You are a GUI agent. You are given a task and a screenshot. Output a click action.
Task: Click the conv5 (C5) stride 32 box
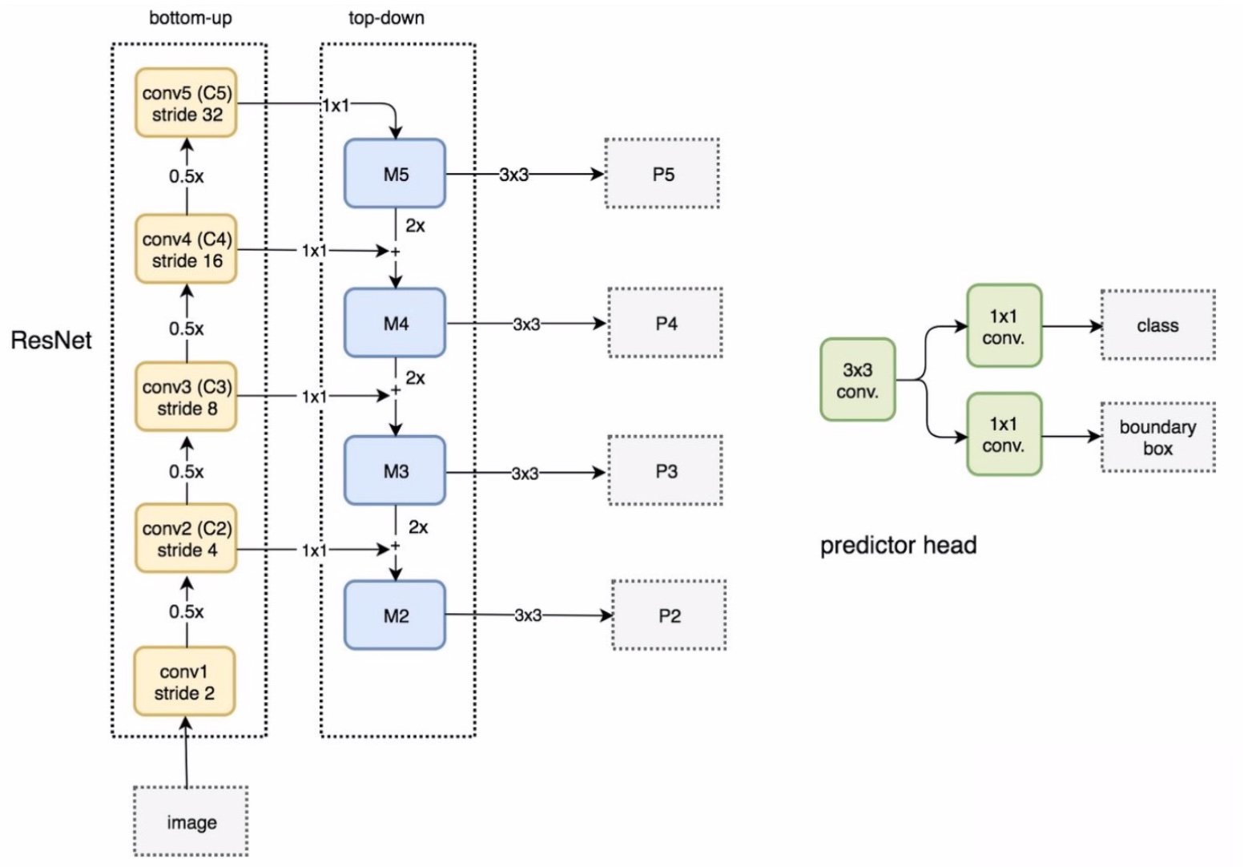point(186,103)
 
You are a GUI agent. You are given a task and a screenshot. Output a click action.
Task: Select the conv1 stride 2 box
point(184,682)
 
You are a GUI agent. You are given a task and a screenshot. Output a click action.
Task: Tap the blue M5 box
point(395,174)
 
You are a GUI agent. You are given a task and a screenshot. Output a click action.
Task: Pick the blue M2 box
point(395,615)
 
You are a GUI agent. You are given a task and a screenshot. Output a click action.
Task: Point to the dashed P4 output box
point(665,323)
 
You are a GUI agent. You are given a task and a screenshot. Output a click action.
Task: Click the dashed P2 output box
point(669,615)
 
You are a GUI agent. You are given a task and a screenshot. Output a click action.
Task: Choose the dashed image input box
point(191,821)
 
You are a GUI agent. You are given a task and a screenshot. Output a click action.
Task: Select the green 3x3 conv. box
point(857,380)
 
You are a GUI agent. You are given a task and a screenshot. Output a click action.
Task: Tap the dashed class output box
point(1157,325)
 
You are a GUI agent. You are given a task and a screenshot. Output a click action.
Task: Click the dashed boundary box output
point(1157,438)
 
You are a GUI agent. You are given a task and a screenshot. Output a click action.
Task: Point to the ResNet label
point(51,341)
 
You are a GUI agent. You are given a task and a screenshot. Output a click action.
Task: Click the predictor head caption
point(898,546)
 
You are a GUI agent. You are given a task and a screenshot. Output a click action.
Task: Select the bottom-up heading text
point(191,18)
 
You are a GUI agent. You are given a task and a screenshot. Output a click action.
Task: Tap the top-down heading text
point(386,18)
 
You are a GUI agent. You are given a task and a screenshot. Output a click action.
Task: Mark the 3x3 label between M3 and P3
point(525,474)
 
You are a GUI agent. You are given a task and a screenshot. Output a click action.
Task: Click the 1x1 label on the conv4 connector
point(314,251)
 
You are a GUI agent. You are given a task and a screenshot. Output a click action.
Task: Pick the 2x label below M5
point(415,226)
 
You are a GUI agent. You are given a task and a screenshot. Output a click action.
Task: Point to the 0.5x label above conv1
point(186,611)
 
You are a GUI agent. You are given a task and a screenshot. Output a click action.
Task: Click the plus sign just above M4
point(395,252)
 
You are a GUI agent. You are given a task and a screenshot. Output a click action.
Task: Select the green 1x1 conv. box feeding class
point(1004,326)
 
